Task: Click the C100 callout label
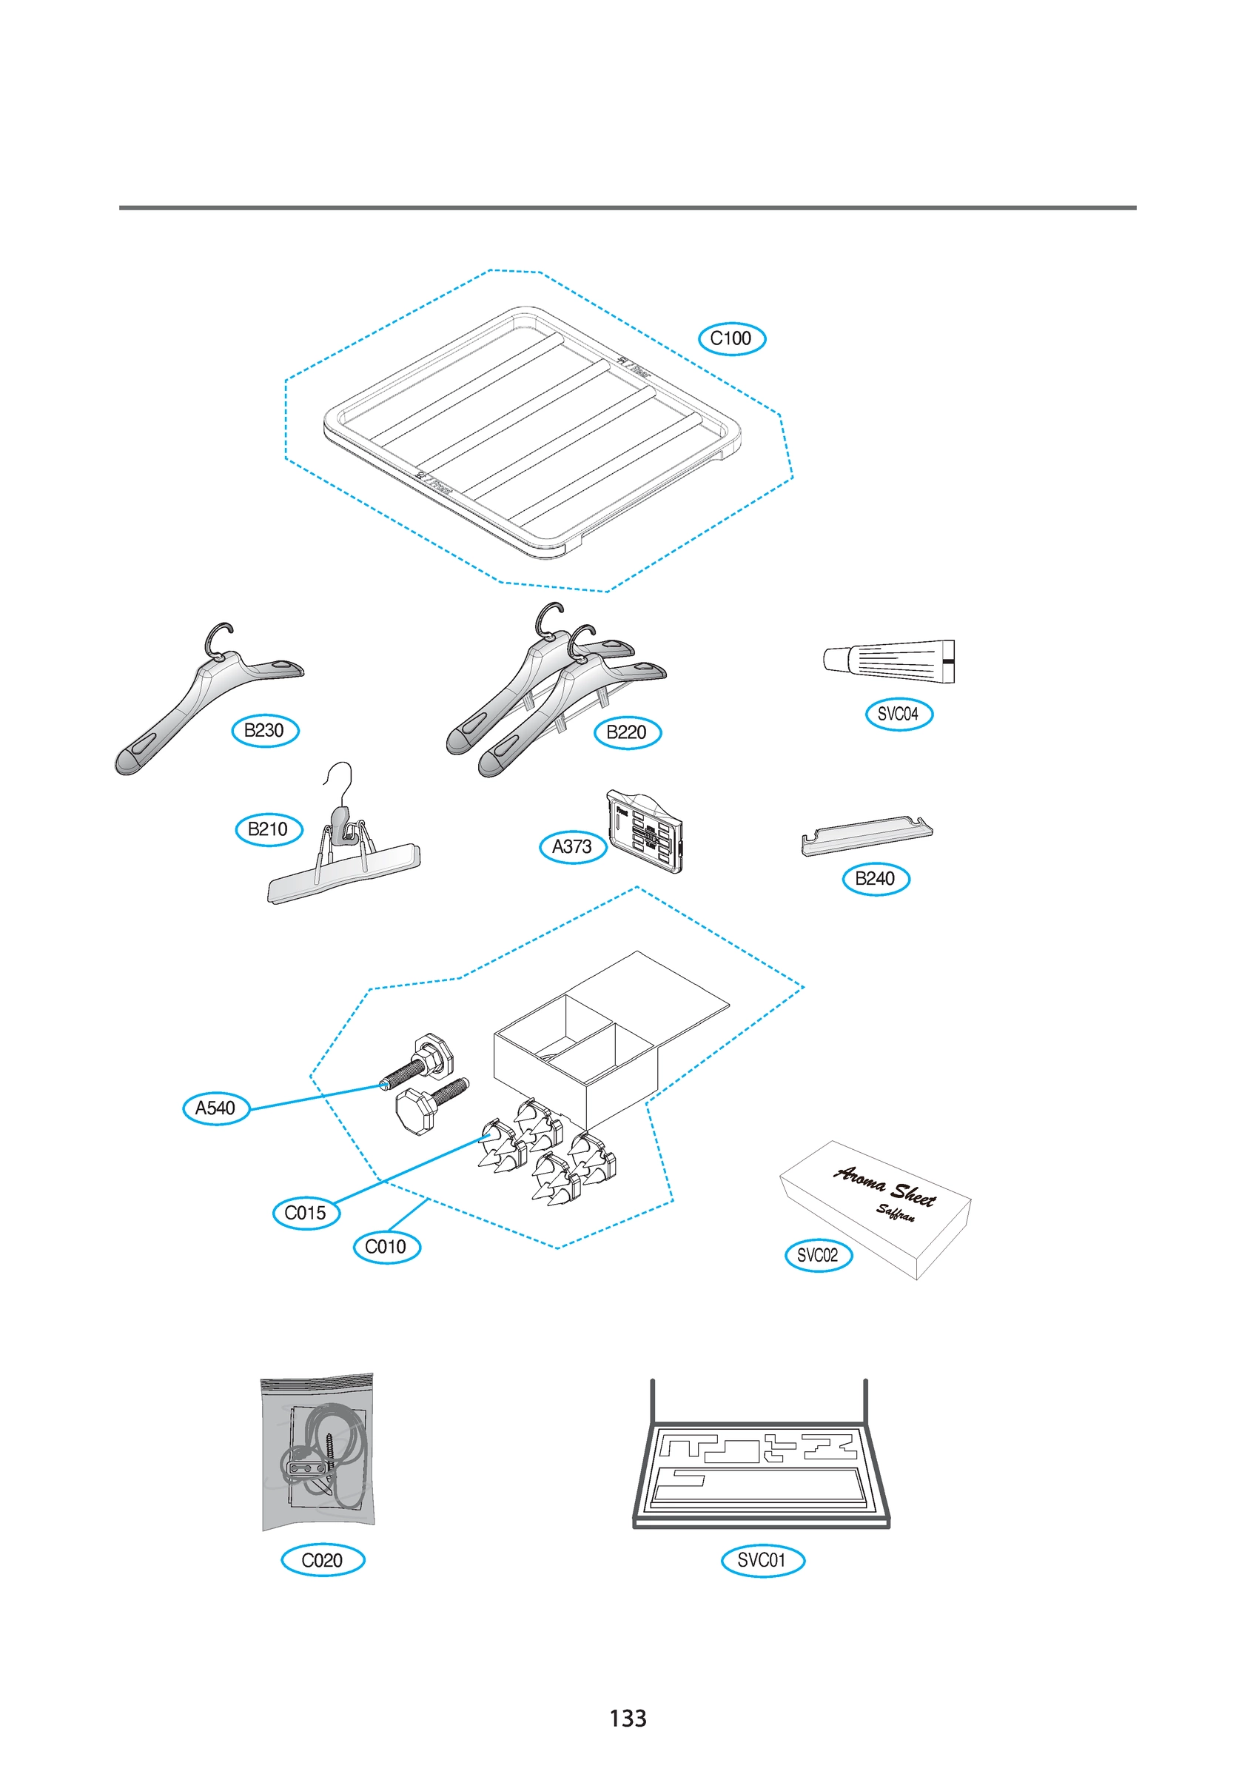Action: pyautogui.click(x=731, y=338)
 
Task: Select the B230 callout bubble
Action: pyautogui.click(x=265, y=731)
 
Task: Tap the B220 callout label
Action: pyautogui.click(x=627, y=732)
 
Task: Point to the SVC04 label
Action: pyautogui.click(x=899, y=714)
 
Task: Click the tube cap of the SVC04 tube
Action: pyautogui.click(x=835, y=660)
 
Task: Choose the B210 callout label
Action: pyautogui.click(x=269, y=830)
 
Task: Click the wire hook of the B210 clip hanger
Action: pyautogui.click(x=341, y=780)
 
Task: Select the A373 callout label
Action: pyautogui.click(x=572, y=847)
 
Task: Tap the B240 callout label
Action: pyautogui.click(x=876, y=879)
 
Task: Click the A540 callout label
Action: pyautogui.click(x=216, y=1108)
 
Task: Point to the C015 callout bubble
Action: pyautogui.click(x=306, y=1213)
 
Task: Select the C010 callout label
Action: pyautogui.click(x=386, y=1247)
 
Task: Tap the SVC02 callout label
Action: pyautogui.click(x=818, y=1255)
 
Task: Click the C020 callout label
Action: pyautogui.click(x=322, y=1560)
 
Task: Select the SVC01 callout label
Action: pyautogui.click(x=762, y=1560)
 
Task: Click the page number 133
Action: pyautogui.click(x=628, y=1719)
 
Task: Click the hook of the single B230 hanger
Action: pyautogui.click(x=218, y=636)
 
